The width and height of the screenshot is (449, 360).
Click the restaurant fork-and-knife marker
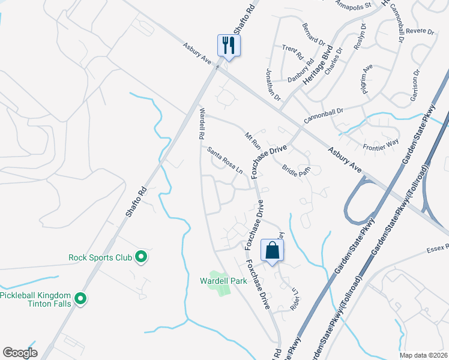click(229, 45)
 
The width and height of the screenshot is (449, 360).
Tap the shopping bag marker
click(272, 250)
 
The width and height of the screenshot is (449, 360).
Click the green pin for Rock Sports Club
click(141, 257)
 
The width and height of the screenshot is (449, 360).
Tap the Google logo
click(20, 353)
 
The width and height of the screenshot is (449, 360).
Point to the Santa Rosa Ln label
click(225, 160)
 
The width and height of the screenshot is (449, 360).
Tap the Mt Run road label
click(252, 139)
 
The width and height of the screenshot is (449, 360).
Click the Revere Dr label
click(420, 31)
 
